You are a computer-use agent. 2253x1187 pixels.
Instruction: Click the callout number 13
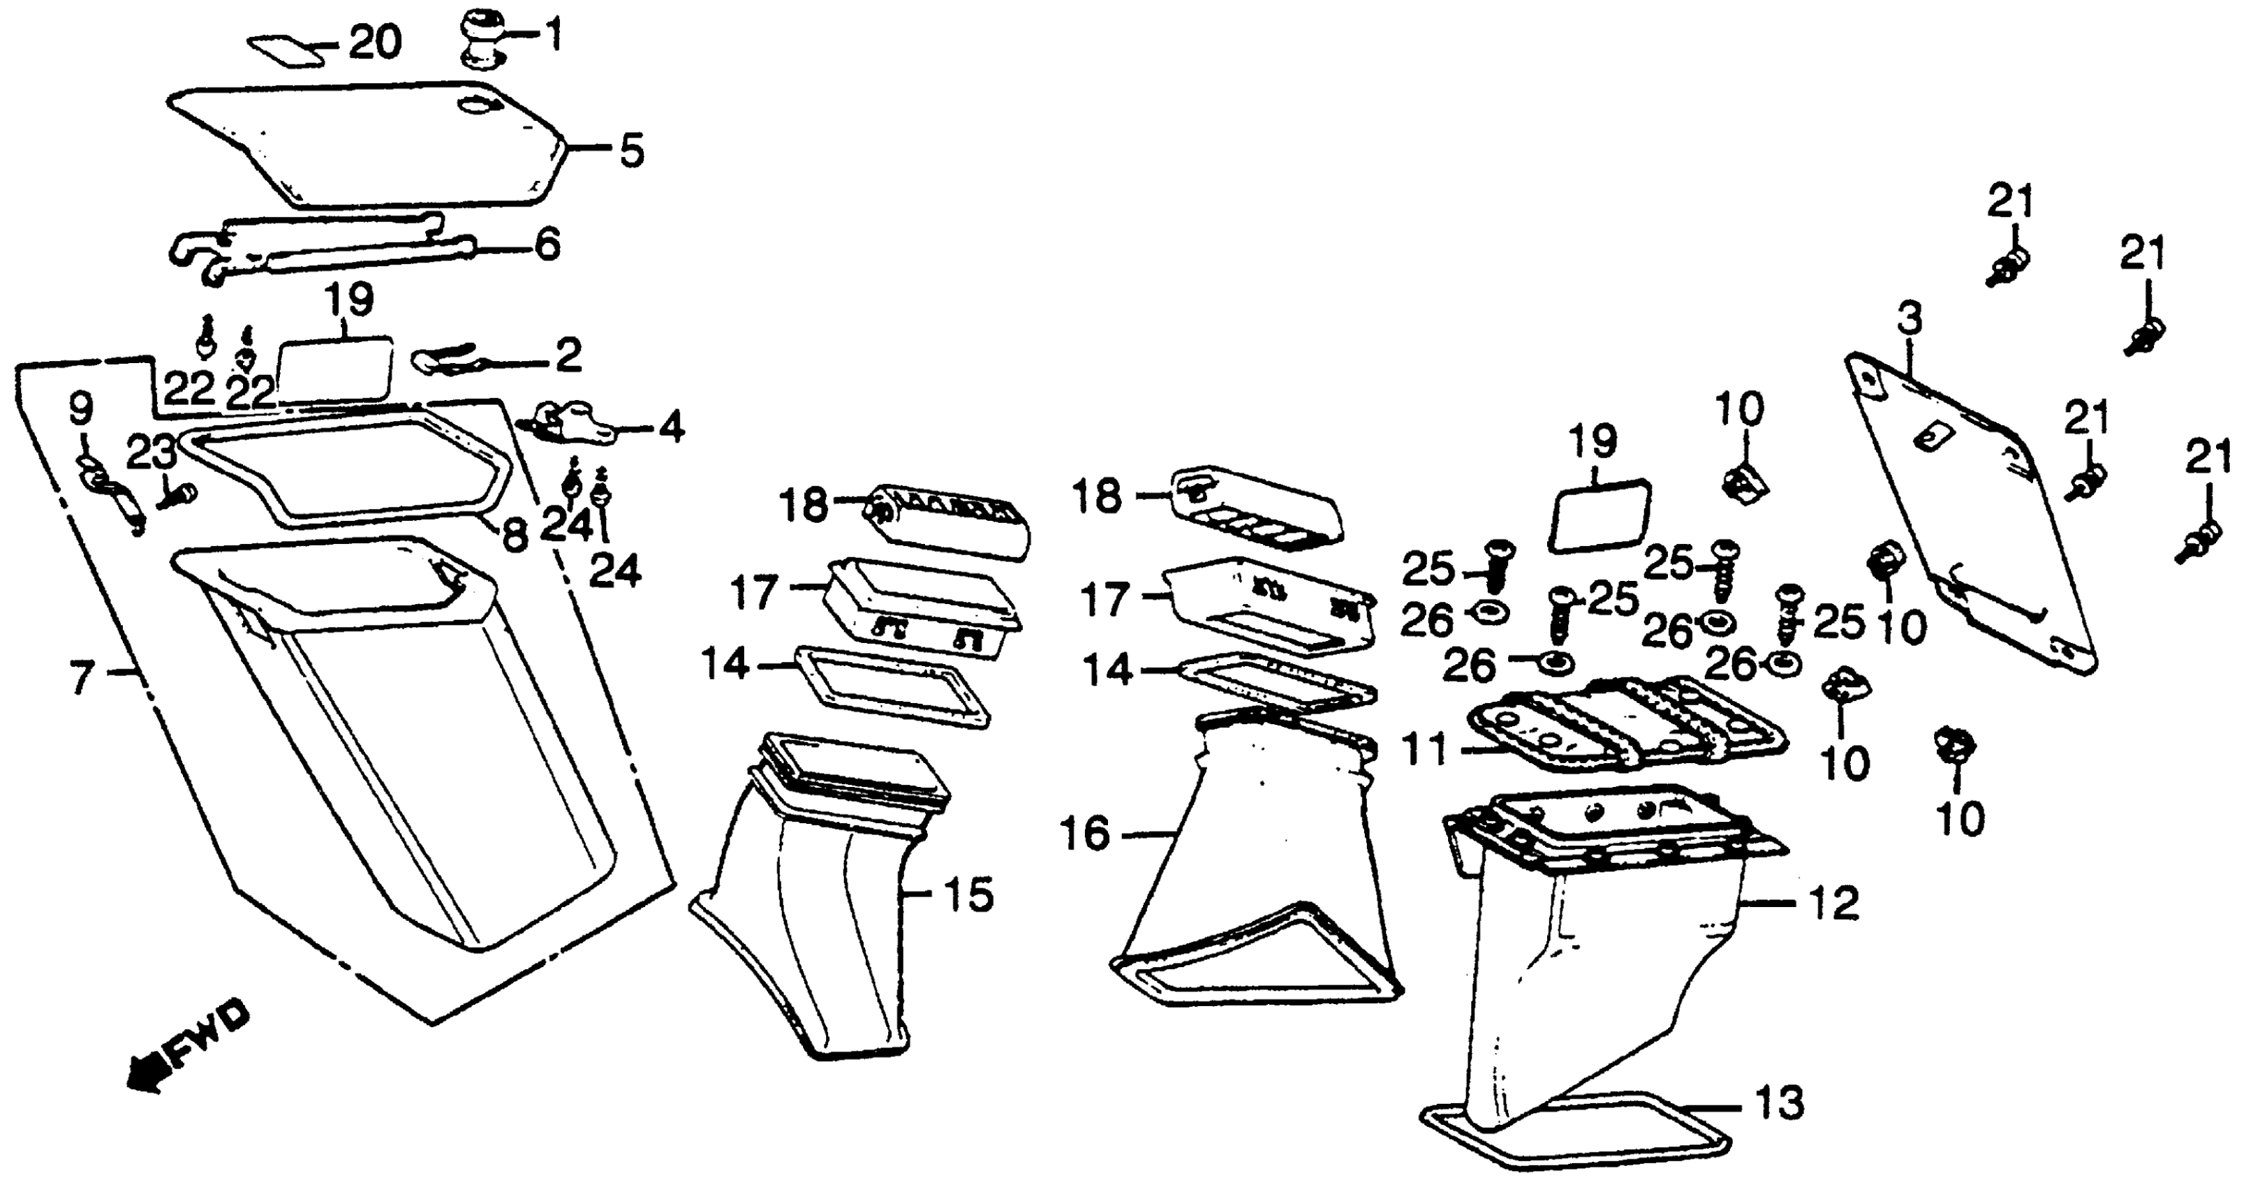click(x=1778, y=1103)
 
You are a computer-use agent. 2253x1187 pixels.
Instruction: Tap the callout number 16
click(x=1084, y=834)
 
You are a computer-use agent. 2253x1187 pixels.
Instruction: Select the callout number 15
click(x=968, y=895)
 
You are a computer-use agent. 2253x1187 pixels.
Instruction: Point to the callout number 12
click(x=1833, y=903)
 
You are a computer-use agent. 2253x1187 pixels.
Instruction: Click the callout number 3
click(x=1909, y=320)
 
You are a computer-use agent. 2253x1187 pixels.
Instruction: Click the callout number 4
click(x=670, y=429)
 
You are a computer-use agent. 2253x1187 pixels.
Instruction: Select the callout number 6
click(x=547, y=246)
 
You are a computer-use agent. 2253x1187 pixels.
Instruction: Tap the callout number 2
click(x=568, y=356)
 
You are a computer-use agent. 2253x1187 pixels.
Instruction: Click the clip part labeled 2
click(x=446, y=360)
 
